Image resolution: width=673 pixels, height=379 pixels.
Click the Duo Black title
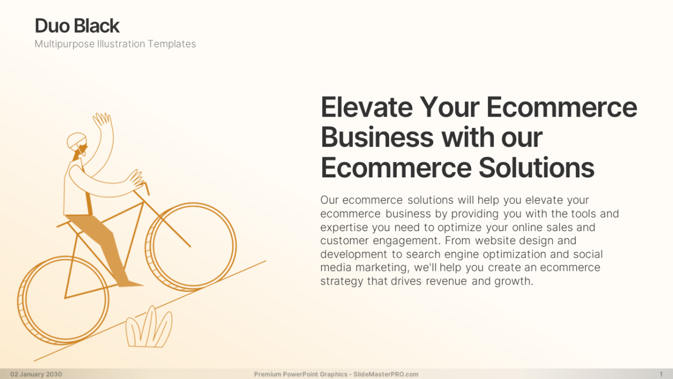pyautogui.click(x=77, y=26)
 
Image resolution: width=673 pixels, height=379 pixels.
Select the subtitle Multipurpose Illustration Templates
pyautogui.click(x=115, y=44)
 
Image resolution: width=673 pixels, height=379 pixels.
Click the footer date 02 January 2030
pyautogui.click(x=36, y=374)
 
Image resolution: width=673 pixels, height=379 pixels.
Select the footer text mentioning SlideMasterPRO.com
pyautogui.click(x=336, y=374)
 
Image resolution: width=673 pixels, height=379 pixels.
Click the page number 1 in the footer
pyautogui.click(x=661, y=374)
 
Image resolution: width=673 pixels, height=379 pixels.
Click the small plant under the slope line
pyautogui.click(x=148, y=329)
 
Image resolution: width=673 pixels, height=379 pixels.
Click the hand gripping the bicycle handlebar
pyautogui.click(x=136, y=180)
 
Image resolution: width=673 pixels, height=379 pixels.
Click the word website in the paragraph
pyautogui.click(x=495, y=241)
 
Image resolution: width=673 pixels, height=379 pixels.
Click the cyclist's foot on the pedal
pyautogui.click(x=130, y=282)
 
